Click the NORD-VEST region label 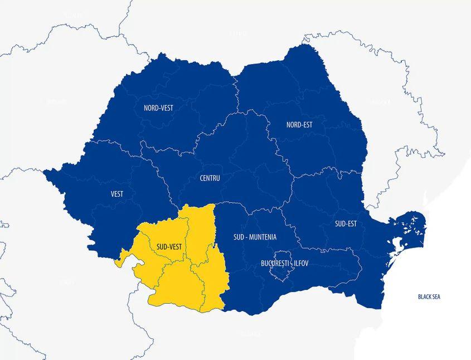(x=158, y=108)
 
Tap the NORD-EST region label (x=299, y=125)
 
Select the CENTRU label (x=210, y=178)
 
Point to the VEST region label (x=117, y=194)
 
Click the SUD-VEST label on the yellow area (x=169, y=246)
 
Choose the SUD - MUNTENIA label (x=255, y=237)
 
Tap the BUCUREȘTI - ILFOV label (x=284, y=262)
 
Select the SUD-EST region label (x=346, y=224)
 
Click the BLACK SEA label (x=429, y=297)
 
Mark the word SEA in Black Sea (x=435, y=297)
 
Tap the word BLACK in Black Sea (x=425, y=297)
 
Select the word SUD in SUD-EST (x=340, y=224)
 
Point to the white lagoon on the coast (x=398, y=246)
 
